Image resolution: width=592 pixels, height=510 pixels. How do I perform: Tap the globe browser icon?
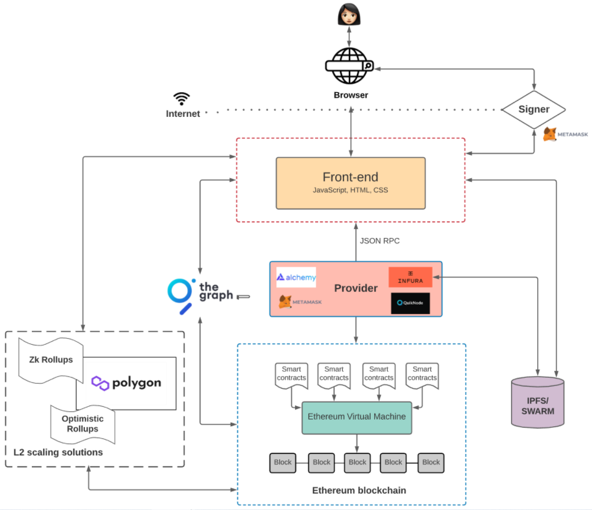(x=351, y=66)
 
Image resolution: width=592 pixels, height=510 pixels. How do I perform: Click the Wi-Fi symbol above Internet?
(x=182, y=98)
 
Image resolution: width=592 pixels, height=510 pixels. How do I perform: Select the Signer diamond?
(x=534, y=109)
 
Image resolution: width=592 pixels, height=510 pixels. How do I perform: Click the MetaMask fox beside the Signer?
(x=550, y=134)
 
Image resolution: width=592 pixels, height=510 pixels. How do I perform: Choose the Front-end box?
(x=351, y=183)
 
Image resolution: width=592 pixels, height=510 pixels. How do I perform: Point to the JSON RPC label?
(x=380, y=241)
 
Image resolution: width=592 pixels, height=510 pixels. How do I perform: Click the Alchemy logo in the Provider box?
(x=296, y=277)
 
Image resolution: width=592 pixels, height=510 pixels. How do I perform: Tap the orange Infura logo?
(x=410, y=277)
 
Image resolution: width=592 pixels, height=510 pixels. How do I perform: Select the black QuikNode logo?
(x=410, y=303)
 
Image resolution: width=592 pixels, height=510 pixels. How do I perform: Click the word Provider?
(x=355, y=289)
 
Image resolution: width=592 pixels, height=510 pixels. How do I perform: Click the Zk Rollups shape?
(x=51, y=359)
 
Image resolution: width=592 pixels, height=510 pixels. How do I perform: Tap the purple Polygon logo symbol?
(x=100, y=383)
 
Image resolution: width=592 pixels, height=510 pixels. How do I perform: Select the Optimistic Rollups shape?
(x=83, y=424)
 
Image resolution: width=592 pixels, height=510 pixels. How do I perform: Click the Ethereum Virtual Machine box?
(x=356, y=417)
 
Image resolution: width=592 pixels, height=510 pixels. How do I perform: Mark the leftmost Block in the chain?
(x=283, y=462)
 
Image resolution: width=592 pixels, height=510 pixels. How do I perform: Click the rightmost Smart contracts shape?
(x=422, y=375)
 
